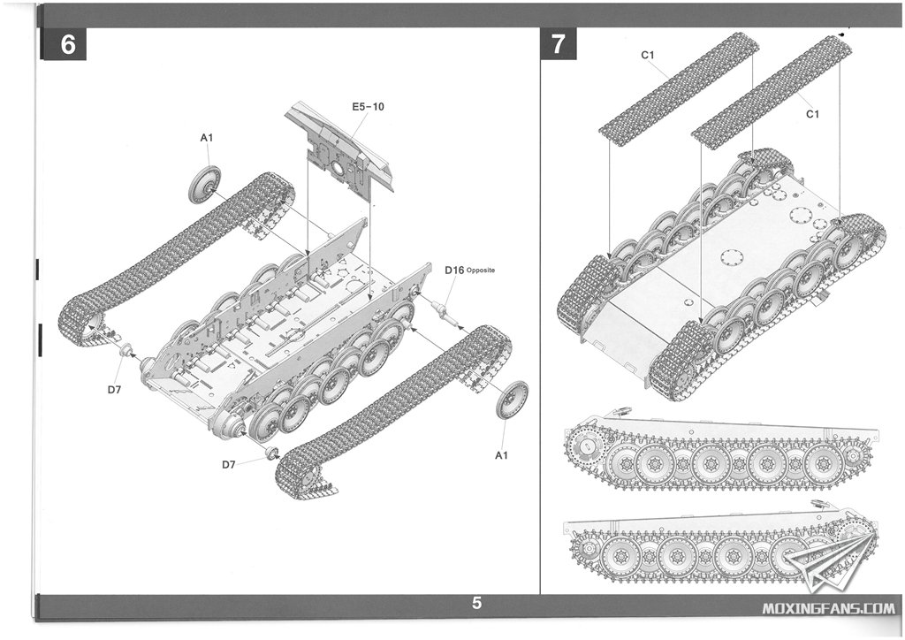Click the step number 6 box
tap(68, 45)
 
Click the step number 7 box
tap(558, 44)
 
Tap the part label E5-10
tap(368, 107)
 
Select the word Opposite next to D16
tap(484, 270)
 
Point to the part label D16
tap(454, 270)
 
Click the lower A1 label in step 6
tap(502, 455)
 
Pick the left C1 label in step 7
tap(648, 55)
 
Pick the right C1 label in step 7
tap(813, 114)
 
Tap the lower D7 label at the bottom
tap(229, 465)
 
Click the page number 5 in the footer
tap(477, 605)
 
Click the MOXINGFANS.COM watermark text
tap(827, 607)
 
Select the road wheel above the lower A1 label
tap(512, 400)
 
